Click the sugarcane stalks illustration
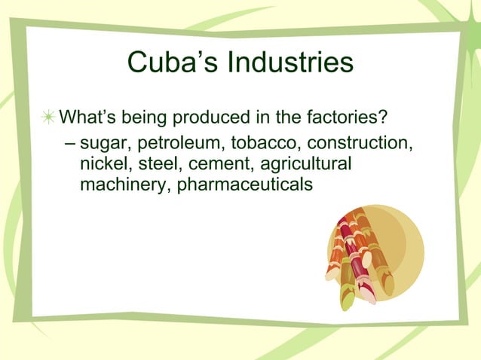[x=354, y=256]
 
